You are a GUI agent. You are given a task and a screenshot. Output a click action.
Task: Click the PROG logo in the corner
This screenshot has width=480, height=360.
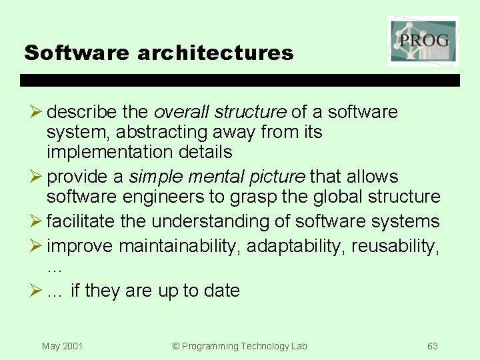coord(423,41)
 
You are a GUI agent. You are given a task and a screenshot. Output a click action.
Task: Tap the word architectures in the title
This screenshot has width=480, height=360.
coord(215,53)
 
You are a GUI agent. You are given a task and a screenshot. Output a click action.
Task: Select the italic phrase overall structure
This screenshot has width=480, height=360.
coord(220,112)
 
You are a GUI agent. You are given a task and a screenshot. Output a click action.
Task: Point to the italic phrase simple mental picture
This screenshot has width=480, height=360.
coord(217,177)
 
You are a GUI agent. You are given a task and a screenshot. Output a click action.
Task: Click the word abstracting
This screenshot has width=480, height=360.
coord(150,132)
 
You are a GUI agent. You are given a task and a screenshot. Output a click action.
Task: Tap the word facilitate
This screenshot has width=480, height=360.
coord(82,221)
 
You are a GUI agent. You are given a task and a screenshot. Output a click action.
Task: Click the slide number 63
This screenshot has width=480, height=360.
coord(433,346)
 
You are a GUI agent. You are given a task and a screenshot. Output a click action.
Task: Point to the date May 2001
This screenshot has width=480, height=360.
coord(62,346)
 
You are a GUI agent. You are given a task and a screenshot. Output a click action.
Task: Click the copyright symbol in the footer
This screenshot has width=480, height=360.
coord(176,346)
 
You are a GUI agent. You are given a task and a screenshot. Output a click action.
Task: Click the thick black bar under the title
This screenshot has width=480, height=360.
coord(240,80)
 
